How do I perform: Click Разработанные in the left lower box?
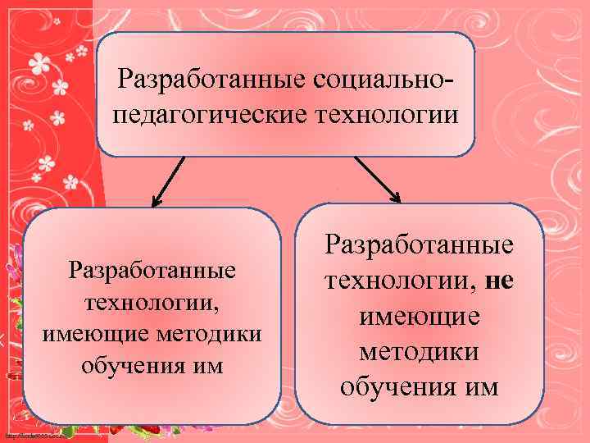pyautogui.click(x=152, y=270)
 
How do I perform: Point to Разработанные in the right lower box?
pyautogui.click(x=420, y=245)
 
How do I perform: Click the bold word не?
pyautogui.click(x=499, y=281)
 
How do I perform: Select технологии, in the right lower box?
pyautogui.click(x=401, y=281)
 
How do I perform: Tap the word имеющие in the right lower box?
pyautogui.click(x=420, y=316)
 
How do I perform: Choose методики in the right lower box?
pyautogui.click(x=420, y=351)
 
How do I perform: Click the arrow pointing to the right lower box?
pyautogui.click(x=377, y=179)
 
